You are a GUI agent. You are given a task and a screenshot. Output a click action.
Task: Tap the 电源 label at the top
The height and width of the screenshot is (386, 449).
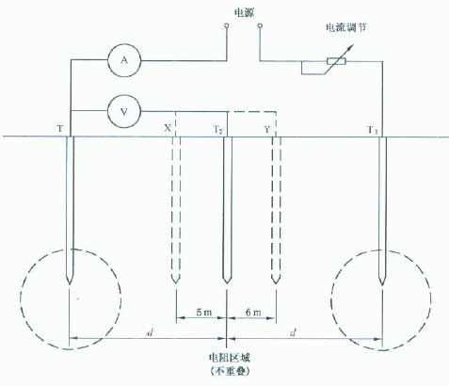[245, 12]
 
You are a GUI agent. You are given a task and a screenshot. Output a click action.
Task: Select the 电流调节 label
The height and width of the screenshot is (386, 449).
[346, 27]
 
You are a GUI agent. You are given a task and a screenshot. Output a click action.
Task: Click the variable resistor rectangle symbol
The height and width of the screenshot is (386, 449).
[336, 61]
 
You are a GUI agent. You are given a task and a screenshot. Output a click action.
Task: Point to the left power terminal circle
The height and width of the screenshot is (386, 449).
[226, 25]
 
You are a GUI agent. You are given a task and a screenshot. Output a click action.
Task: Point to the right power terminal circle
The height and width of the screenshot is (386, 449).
[260, 25]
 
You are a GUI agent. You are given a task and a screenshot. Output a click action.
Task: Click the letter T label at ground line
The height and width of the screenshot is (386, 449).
[60, 128]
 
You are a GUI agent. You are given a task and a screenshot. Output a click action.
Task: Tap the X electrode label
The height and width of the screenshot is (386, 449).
[168, 128]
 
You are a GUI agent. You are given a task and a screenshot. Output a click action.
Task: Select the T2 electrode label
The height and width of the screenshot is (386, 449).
[218, 129]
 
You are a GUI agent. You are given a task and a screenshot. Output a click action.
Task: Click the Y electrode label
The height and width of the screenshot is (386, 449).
[267, 129]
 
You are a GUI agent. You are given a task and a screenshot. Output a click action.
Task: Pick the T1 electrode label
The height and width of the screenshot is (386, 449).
[373, 130]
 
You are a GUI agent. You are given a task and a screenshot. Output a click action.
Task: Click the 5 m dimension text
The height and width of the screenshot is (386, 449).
[204, 313]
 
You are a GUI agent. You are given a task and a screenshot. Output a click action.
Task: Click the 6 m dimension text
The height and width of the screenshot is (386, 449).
[253, 313]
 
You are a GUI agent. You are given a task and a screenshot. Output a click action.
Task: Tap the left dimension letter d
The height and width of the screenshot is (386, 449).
[150, 332]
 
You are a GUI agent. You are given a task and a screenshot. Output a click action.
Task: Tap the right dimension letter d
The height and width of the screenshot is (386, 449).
[293, 332]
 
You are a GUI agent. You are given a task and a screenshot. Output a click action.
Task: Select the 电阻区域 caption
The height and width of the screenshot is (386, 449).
[230, 358]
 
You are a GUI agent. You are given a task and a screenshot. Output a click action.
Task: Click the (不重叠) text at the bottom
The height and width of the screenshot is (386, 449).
[230, 372]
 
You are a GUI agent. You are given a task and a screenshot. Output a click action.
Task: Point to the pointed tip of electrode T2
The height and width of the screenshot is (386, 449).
[227, 283]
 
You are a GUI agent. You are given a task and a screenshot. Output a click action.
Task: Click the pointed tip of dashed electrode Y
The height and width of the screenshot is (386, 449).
[276, 283]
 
